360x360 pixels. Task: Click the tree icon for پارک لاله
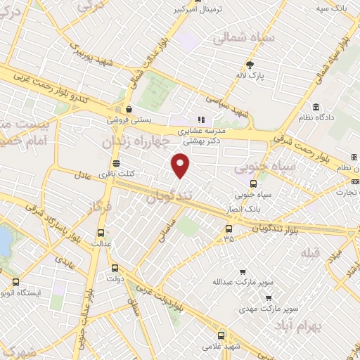coord(249,64)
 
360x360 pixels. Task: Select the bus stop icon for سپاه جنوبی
coord(253,184)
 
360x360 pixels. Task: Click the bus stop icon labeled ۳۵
coord(228,229)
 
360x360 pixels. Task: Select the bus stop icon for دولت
coord(115,267)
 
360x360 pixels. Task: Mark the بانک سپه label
coord(332,8)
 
